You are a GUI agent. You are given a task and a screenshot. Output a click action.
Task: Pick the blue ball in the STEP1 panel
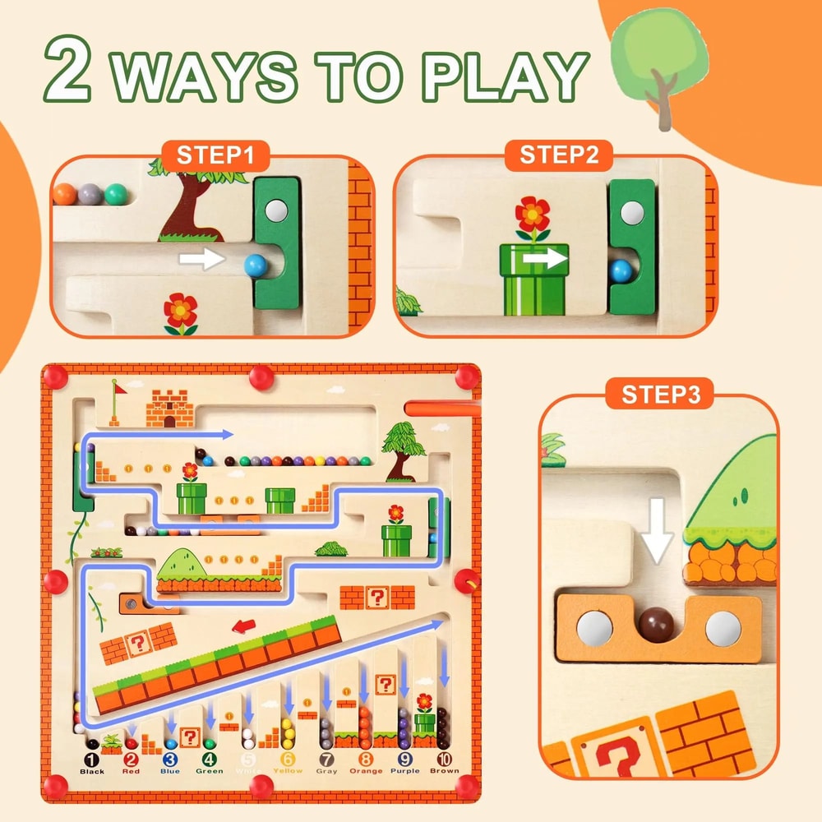[256, 264]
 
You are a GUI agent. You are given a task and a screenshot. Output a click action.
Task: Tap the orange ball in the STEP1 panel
[64, 194]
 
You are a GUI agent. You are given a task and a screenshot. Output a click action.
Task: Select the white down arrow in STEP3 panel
[657, 535]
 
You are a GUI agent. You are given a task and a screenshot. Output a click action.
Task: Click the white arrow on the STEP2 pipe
[546, 259]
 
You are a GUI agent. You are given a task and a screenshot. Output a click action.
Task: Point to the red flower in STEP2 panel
[532, 216]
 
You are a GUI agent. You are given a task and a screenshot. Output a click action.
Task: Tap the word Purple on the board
[404, 771]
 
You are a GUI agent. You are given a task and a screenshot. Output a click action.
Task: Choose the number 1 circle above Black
[92, 760]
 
